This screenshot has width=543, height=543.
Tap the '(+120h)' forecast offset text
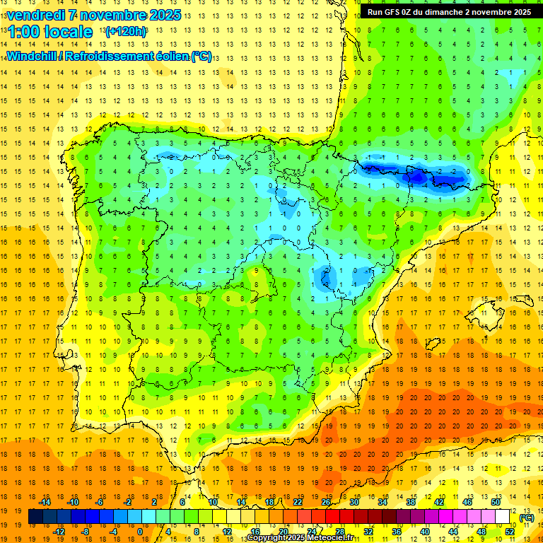(x=126, y=32)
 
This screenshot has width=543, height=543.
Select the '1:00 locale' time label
(x=49, y=32)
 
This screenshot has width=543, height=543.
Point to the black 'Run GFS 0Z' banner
(x=448, y=12)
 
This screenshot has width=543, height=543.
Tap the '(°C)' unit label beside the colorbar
(x=527, y=518)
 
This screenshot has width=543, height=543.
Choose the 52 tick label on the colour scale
(x=509, y=532)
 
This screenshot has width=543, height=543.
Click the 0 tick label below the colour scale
(x=140, y=532)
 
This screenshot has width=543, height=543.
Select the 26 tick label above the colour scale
(x=326, y=502)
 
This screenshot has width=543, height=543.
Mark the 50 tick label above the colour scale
(x=496, y=502)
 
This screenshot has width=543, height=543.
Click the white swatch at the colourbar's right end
(x=503, y=517)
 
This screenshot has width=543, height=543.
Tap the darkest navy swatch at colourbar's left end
(x=35, y=517)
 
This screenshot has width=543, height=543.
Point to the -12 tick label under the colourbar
(x=59, y=532)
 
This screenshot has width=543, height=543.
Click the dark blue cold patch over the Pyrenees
(x=417, y=175)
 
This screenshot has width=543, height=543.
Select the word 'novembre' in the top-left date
(x=117, y=15)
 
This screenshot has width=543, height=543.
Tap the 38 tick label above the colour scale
(x=411, y=502)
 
